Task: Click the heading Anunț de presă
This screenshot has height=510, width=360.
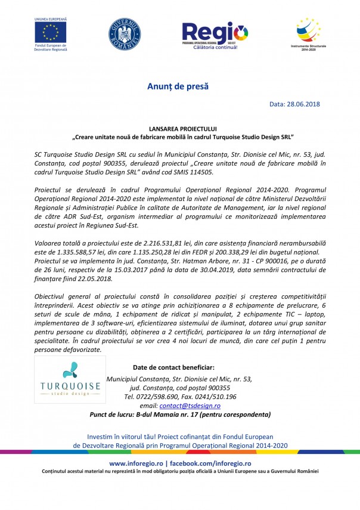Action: [178, 87]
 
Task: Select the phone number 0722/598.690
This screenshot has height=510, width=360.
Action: [159, 396]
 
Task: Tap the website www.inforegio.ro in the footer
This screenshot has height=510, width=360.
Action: [136, 463]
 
